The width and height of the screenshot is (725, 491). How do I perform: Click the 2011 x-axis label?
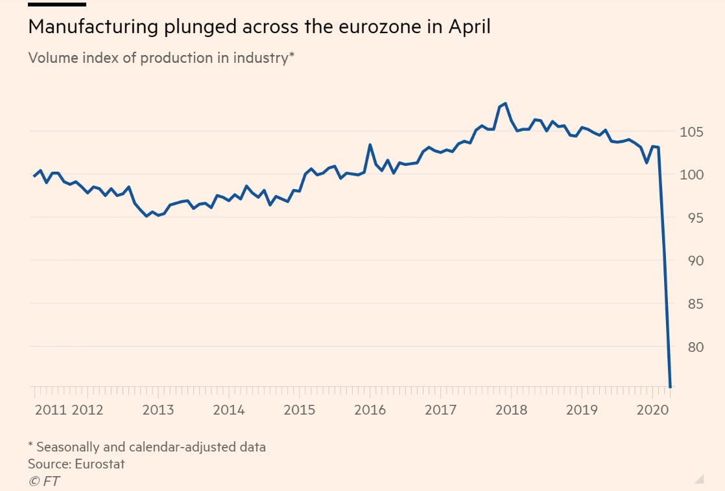(x=51, y=410)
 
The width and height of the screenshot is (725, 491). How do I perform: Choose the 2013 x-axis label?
(x=158, y=410)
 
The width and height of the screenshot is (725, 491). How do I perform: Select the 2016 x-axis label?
(x=370, y=410)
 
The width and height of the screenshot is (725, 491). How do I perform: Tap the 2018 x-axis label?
(x=512, y=410)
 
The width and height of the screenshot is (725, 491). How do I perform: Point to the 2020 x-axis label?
(x=654, y=410)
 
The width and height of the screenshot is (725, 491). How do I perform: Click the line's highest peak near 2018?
(x=505, y=104)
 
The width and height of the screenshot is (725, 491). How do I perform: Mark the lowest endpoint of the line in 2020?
(x=670, y=386)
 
